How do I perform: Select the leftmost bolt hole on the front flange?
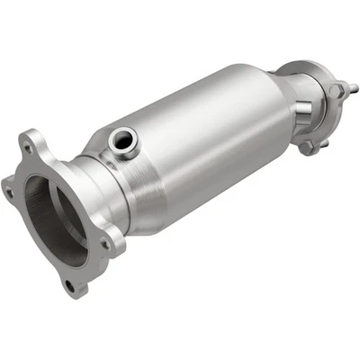click(x=8, y=191)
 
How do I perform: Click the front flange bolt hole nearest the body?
click(x=106, y=240)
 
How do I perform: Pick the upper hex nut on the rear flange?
click(x=336, y=91)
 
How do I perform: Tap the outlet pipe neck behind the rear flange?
click(x=315, y=112)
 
